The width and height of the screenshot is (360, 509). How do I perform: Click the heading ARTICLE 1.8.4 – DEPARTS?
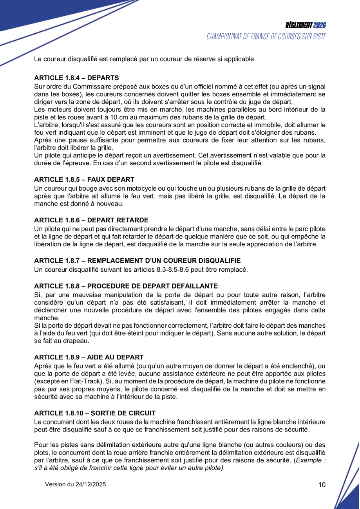click(76, 78)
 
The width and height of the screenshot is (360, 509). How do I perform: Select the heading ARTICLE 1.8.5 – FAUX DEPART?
click(84, 179)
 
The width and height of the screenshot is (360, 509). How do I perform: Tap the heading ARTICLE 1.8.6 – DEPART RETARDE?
click(91, 220)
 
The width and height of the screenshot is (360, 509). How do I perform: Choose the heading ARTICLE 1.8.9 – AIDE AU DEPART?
click(89, 357)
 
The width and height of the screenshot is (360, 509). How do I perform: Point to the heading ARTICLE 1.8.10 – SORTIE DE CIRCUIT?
click(95, 413)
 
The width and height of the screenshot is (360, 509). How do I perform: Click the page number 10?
click(322, 485)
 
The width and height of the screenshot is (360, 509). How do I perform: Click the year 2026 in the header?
click(320, 25)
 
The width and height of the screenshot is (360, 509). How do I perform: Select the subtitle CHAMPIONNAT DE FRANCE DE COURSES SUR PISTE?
click(266, 36)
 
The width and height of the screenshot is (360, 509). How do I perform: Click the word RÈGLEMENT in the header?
click(299, 25)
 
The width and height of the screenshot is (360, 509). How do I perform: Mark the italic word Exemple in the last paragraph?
click(310, 460)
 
